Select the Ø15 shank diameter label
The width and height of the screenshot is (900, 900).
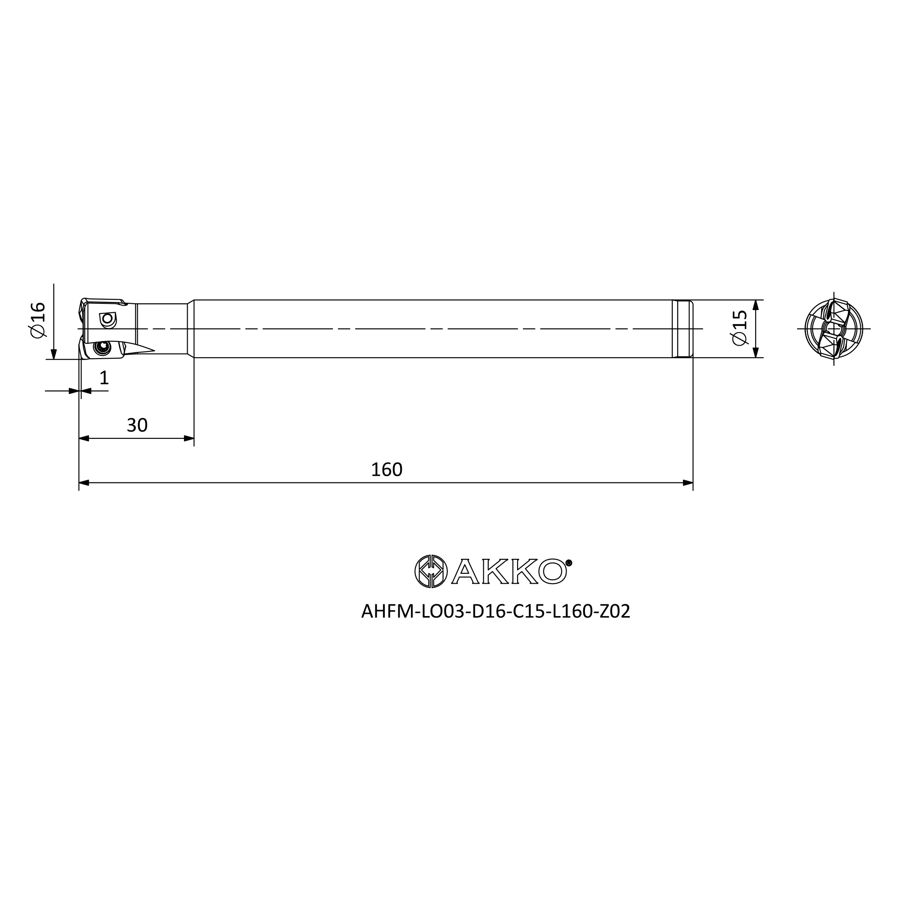(739, 328)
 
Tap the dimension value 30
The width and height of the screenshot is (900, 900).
(137, 425)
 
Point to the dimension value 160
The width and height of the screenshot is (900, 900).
(386, 469)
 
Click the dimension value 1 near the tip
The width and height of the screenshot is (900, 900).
(104, 378)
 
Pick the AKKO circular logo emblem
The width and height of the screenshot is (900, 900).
(431, 571)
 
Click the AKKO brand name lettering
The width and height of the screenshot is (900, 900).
(508, 571)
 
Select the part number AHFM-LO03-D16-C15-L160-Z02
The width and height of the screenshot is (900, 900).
(495, 612)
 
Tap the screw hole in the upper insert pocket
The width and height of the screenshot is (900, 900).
(108, 319)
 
